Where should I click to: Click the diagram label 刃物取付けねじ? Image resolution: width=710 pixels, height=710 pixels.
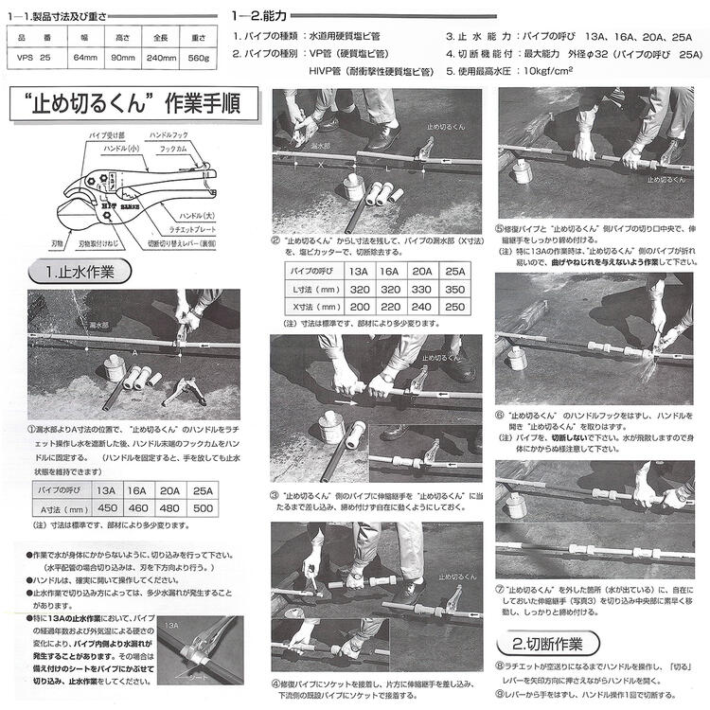click(x=99, y=243)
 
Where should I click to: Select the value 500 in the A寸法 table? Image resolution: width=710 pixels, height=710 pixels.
click(x=201, y=507)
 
